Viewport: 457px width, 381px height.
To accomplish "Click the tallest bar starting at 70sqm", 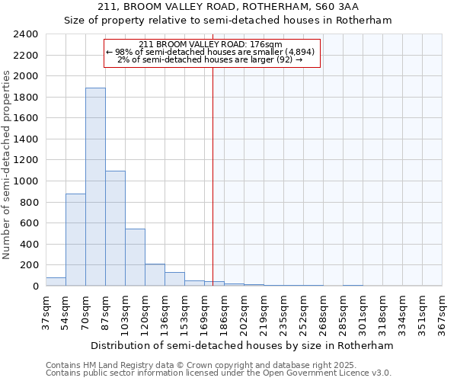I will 95,187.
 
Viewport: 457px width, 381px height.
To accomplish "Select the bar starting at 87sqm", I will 115,229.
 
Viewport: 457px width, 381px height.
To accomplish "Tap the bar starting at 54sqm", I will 75,240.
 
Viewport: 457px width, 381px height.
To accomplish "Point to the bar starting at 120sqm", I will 155,275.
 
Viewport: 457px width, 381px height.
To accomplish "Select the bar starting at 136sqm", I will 174,279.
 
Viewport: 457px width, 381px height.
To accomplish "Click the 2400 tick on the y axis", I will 26,34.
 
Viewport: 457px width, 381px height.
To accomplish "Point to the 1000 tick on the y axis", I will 26,181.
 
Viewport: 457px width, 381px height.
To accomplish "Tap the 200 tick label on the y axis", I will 29,265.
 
